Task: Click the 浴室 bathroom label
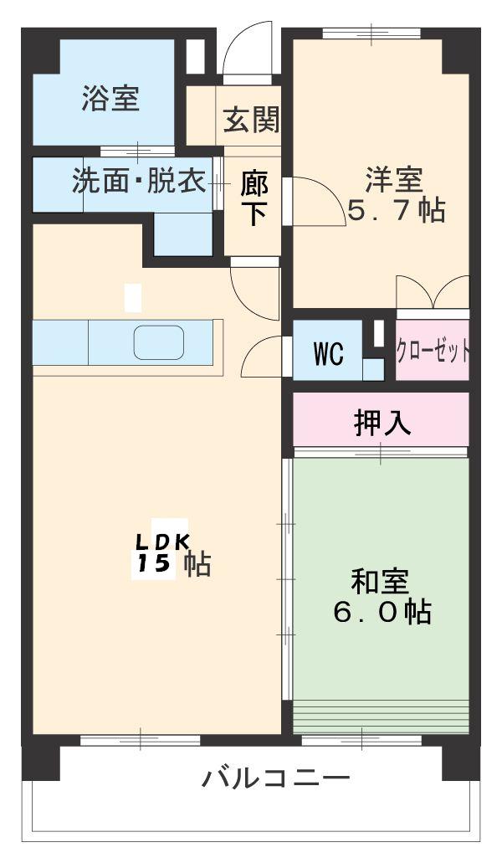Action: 110,100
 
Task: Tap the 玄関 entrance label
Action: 251,122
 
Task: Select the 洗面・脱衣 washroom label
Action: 139,182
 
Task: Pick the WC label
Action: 328,354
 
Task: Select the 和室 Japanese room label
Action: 380,580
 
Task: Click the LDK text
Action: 163,542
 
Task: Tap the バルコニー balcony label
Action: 275,779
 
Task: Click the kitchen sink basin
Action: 158,343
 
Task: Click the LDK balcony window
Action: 140,739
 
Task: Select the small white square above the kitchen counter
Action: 132,298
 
